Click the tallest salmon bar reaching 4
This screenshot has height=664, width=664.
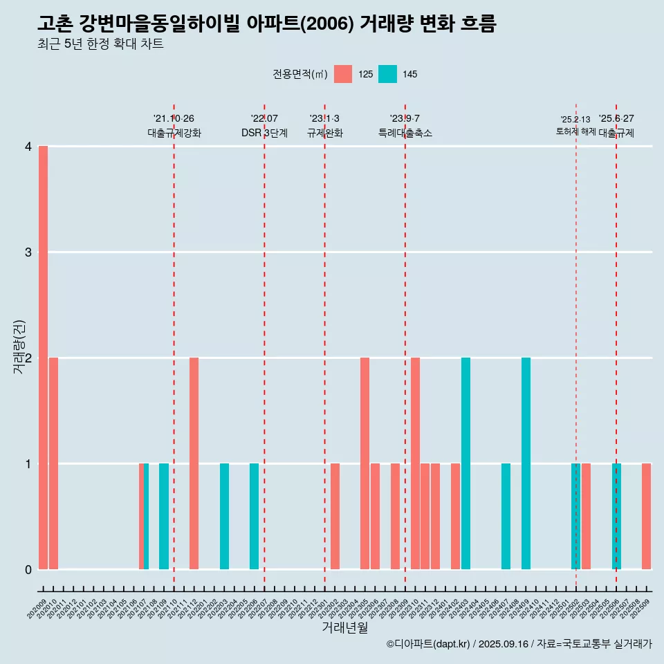[x=43, y=358]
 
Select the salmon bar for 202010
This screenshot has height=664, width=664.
[x=53, y=463]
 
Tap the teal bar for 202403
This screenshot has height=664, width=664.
[x=465, y=463]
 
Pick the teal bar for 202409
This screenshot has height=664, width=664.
[x=526, y=463]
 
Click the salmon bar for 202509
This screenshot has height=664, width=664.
[x=646, y=516]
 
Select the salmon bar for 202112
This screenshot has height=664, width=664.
[x=194, y=463]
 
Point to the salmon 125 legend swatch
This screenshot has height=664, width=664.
[x=342, y=74]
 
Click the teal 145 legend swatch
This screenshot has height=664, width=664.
[x=387, y=74]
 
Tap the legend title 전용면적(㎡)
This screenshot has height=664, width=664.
[x=299, y=74]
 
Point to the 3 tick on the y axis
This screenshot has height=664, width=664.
[x=28, y=252]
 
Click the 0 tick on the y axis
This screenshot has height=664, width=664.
[x=28, y=569]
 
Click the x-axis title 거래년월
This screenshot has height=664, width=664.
[x=344, y=627]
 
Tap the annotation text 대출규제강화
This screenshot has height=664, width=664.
[x=174, y=133]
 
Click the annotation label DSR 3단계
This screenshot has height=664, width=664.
[x=264, y=133]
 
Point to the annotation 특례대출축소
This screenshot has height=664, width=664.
[x=405, y=133]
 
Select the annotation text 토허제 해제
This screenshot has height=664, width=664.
[x=575, y=131]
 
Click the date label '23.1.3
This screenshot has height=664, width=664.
[x=324, y=118]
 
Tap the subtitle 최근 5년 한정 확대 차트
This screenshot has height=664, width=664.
[x=101, y=44]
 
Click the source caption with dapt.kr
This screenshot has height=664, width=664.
[x=519, y=644]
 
